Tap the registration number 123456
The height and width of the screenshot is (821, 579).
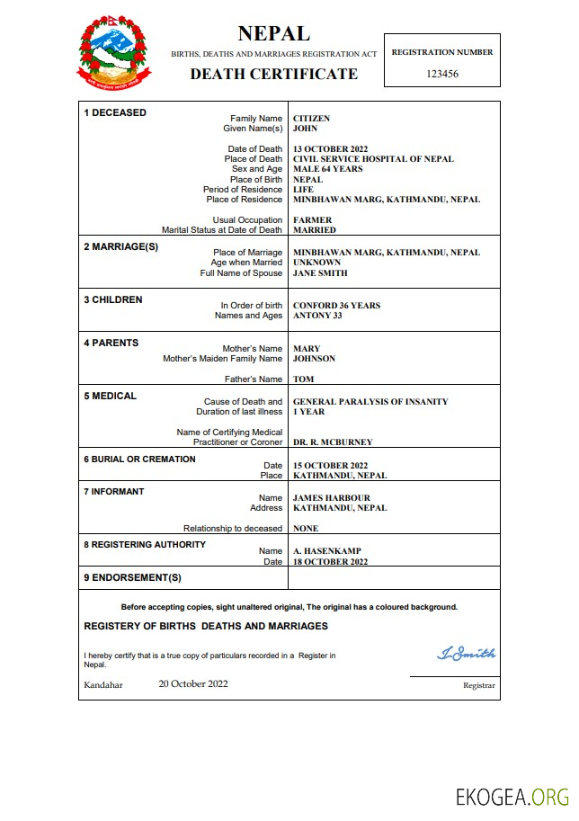441,74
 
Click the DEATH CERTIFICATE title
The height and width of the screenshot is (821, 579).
273,74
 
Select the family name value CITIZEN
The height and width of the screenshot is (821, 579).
311,119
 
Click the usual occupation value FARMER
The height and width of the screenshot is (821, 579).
312,220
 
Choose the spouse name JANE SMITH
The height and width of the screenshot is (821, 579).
320,273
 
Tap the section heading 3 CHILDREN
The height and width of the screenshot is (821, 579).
112,300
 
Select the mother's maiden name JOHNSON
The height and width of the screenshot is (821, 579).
314,359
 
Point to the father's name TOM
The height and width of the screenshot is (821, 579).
303,379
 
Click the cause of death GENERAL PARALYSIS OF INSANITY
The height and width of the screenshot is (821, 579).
370,402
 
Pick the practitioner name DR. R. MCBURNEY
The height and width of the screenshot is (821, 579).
333,442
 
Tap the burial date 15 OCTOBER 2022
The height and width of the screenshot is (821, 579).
331,466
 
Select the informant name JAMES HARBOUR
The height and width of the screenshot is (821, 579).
331,498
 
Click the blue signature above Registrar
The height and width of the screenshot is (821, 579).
466,654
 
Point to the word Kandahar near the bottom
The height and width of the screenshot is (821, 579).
103,684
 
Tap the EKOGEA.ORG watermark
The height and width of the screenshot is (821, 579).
512,797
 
